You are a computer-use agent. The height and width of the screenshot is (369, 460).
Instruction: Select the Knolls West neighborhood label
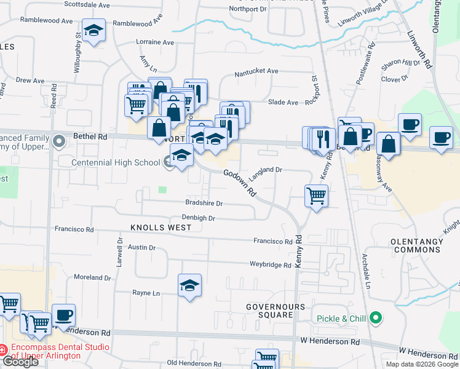click(161, 228)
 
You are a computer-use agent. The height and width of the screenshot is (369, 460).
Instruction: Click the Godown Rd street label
click(240, 183)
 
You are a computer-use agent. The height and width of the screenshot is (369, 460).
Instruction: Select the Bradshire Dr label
click(204, 203)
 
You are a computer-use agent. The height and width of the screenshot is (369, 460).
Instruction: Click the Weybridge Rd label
click(270, 265)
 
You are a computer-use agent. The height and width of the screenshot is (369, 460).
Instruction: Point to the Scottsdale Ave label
click(89, 5)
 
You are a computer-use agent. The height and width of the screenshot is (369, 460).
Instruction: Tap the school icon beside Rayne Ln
click(190, 285)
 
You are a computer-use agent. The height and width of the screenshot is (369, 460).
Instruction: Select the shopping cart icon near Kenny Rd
click(316, 197)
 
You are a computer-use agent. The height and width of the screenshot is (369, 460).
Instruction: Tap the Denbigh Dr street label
click(198, 218)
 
